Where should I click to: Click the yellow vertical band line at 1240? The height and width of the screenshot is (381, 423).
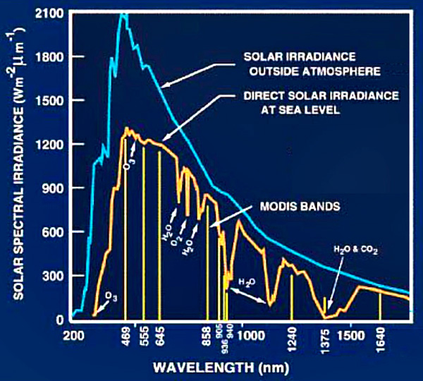pos(291,296)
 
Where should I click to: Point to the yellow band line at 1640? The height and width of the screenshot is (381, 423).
pos(380,305)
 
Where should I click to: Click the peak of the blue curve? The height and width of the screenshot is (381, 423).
pos(123,13)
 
